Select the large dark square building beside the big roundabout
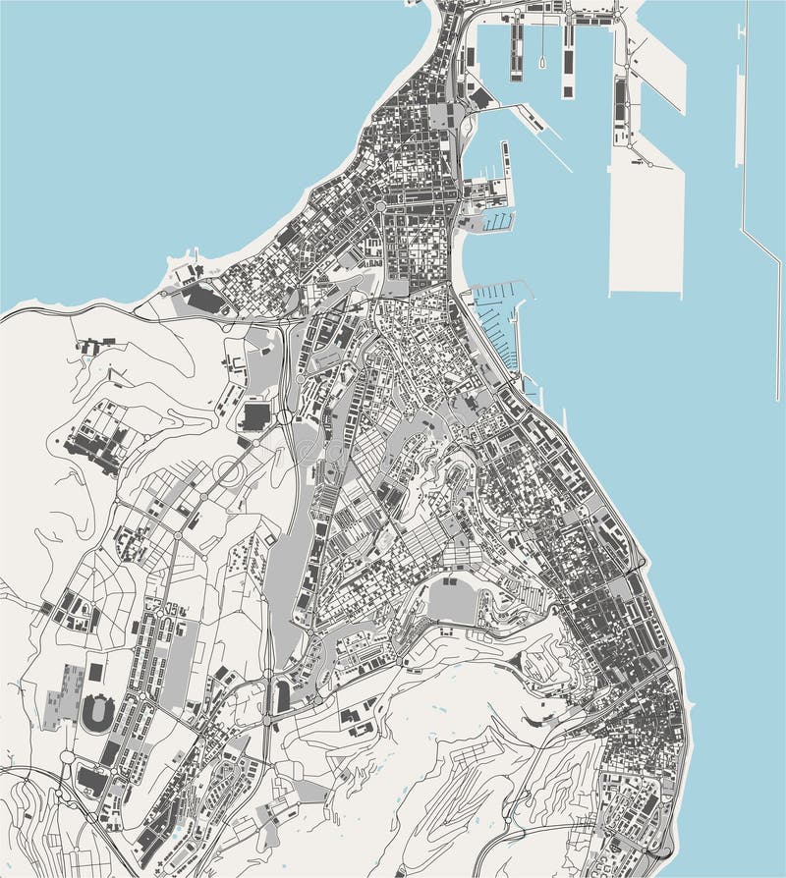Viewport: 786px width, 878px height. (254, 415)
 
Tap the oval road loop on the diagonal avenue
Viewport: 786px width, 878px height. (227, 473)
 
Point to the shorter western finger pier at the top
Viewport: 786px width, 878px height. (516, 51)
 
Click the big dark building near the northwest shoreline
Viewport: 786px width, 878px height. (203, 299)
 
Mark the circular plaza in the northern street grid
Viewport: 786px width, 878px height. (379, 206)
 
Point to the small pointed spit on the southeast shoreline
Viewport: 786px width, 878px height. (688, 706)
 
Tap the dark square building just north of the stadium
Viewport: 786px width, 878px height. (95, 673)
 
